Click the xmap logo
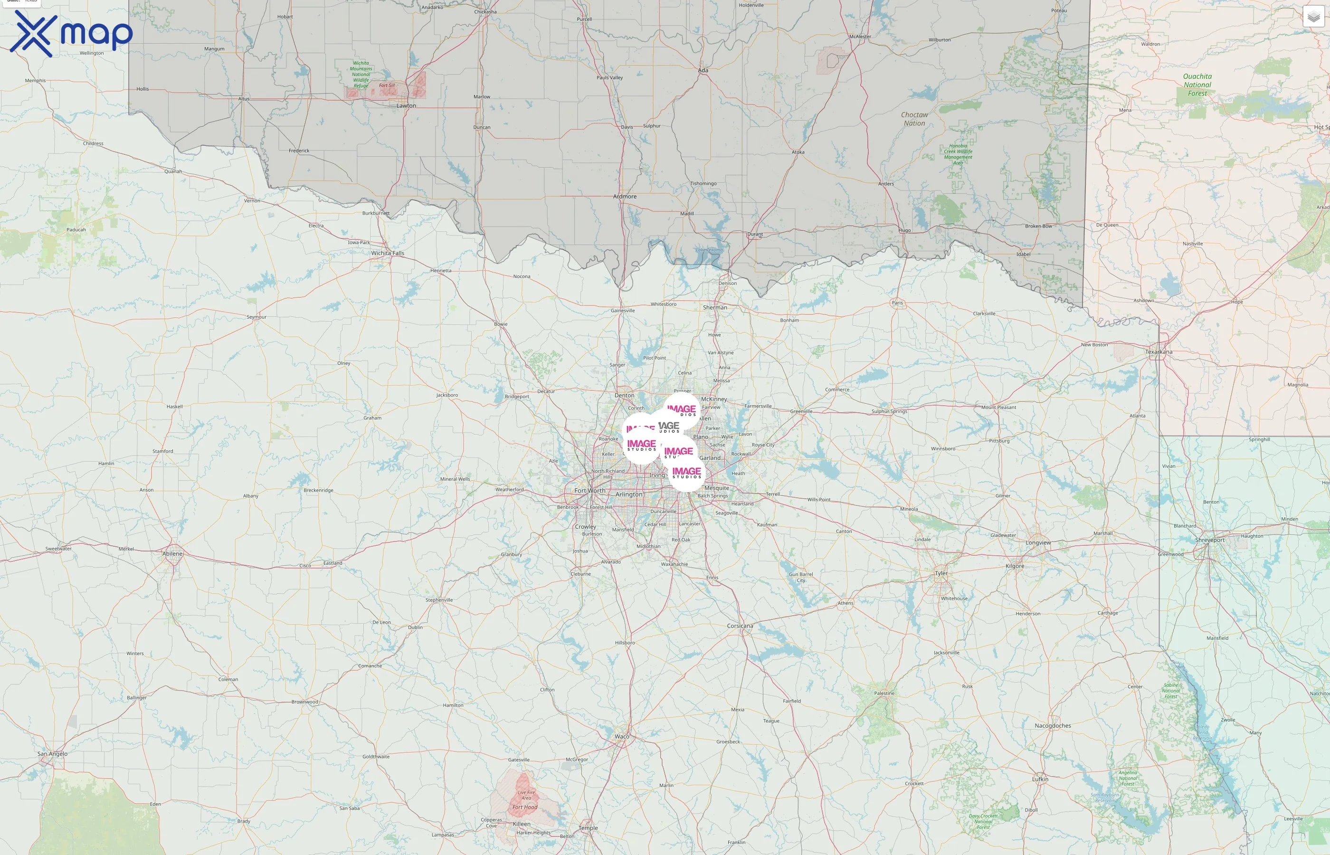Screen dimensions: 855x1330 71,33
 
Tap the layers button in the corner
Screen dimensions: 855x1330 1313,17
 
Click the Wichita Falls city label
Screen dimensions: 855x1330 388,253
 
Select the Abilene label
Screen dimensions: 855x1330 172,553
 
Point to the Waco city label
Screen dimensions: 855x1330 622,737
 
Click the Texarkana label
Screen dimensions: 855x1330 1159,352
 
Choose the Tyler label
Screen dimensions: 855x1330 941,573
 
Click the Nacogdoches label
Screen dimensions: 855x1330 1053,726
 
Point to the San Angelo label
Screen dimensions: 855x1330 52,753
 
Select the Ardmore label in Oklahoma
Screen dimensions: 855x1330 625,197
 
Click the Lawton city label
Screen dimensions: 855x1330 406,105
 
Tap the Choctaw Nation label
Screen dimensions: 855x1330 914,119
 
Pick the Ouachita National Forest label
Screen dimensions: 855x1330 1197,85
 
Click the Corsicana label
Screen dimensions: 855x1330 740,626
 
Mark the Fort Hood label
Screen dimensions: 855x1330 524,807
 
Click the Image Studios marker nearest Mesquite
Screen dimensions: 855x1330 687,474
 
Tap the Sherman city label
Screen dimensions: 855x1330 714,308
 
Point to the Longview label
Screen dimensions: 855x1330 1037,542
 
